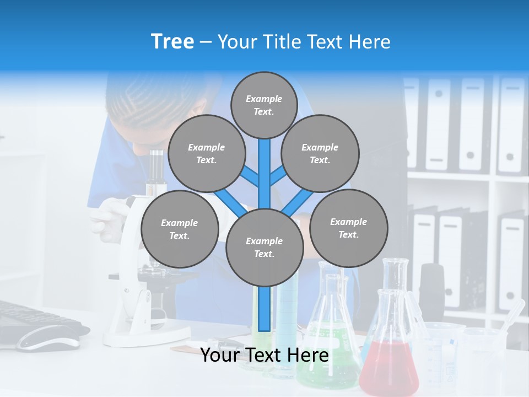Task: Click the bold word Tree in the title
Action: click(172, 42)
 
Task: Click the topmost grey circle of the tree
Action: click(264, 105)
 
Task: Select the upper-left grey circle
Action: click(206, 153)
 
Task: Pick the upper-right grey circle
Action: click(320, 153)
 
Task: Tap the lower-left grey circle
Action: click(179, 229)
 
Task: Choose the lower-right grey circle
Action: click(348, 228)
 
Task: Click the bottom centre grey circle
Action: click(264, 247)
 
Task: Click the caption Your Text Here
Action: click(264, 355)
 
